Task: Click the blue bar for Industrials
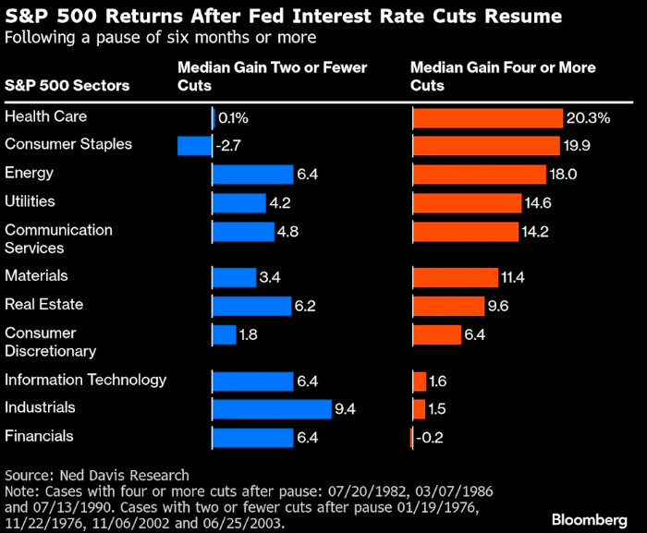[272, 408]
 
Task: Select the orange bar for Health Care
[487, 118]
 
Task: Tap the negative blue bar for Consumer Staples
[194, 146]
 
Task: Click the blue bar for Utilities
[239, 202]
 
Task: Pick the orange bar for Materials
[457, 277]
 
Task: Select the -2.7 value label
[228, 146]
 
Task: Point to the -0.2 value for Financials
[428, 437]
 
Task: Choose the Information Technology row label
[85, 380]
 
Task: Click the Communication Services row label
[58, 238]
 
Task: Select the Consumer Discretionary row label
[50, 342]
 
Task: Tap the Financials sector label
[38, 436]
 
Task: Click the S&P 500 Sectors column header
[67, 86]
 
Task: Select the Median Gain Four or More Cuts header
[503, 77]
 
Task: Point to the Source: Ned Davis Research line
[96, 475]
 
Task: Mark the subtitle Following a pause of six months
[160, 38]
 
